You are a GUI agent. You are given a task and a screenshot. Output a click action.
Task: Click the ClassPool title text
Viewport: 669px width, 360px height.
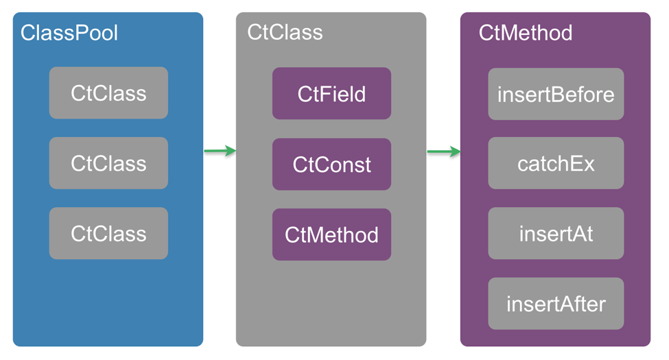[x=69, y=33]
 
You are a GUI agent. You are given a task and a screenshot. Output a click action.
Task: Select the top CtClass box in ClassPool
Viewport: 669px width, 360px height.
[x=108, y=93]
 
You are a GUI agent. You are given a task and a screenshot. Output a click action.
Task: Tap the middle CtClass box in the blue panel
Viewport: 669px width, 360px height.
[x=108, y=163]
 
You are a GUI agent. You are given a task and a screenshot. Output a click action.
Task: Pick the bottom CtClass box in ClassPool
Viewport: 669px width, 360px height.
[x=108, y=233]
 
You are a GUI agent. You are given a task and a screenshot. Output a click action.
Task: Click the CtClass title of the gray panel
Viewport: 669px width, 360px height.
[x=285, y=33]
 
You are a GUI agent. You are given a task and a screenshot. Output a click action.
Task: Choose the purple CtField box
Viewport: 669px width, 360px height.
[x=331, y=94]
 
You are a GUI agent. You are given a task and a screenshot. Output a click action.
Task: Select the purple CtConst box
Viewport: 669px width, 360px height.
[x=331, y=165]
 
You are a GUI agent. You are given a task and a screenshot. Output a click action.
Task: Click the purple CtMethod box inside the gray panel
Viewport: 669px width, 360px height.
[x=331, y=235]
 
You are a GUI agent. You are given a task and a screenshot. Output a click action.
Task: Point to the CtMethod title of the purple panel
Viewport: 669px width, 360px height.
[x=525, y=33]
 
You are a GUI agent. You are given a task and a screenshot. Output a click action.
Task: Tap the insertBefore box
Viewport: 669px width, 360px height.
[x=556, y=94]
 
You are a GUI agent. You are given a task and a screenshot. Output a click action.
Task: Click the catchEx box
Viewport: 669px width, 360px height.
[x=556, y=164]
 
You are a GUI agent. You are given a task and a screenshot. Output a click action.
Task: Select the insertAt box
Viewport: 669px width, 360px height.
[x=556, y=234]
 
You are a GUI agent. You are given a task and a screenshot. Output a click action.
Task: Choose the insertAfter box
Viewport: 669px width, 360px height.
[x=556, y=304]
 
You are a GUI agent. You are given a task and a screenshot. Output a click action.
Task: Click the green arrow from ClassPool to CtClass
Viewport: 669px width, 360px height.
[x=220, y=151]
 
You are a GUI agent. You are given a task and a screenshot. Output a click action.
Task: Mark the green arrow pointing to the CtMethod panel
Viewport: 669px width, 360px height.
[x=443, y=152]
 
